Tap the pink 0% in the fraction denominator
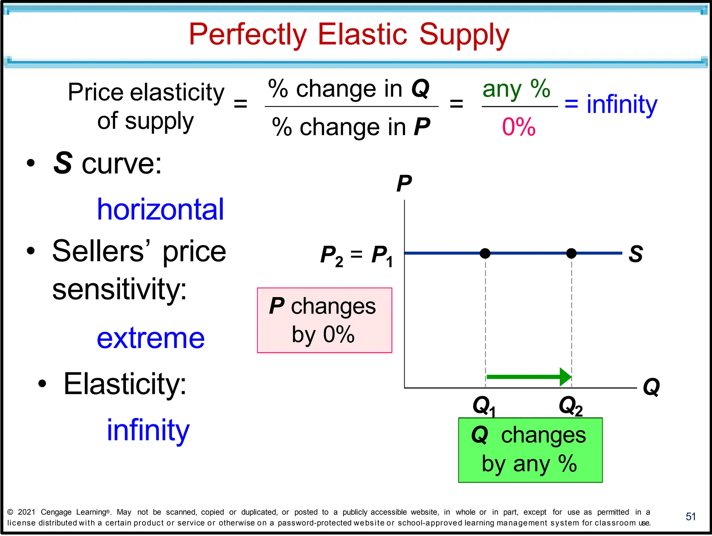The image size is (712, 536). click(x=518, y=127)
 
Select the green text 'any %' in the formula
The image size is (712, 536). click(x=516, y=89)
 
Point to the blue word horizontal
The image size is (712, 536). click(x=160, y=209)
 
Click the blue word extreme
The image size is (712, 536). click(x=151, y=338)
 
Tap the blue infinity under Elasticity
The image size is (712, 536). click(x=148, y=431)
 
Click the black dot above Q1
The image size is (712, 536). click(x=485, y=253)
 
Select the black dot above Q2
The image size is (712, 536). click(x=571, y=253)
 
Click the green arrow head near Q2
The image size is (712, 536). click(x=566, y=377)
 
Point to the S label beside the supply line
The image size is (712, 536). click(x=636, y=254)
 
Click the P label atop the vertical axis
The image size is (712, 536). click(x=404, y=183)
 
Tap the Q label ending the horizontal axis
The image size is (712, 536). click(x=651, y=387)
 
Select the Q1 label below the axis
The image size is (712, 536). click(x=484, y=406)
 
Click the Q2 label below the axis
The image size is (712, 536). click(x=570, y=406)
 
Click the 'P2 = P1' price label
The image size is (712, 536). click(x=357, y=255)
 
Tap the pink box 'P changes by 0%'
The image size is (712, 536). click(x=324, y=320)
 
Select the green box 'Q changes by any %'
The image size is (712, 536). click(x=530, y=450)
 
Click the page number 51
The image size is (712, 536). click(x=690, y=517)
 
